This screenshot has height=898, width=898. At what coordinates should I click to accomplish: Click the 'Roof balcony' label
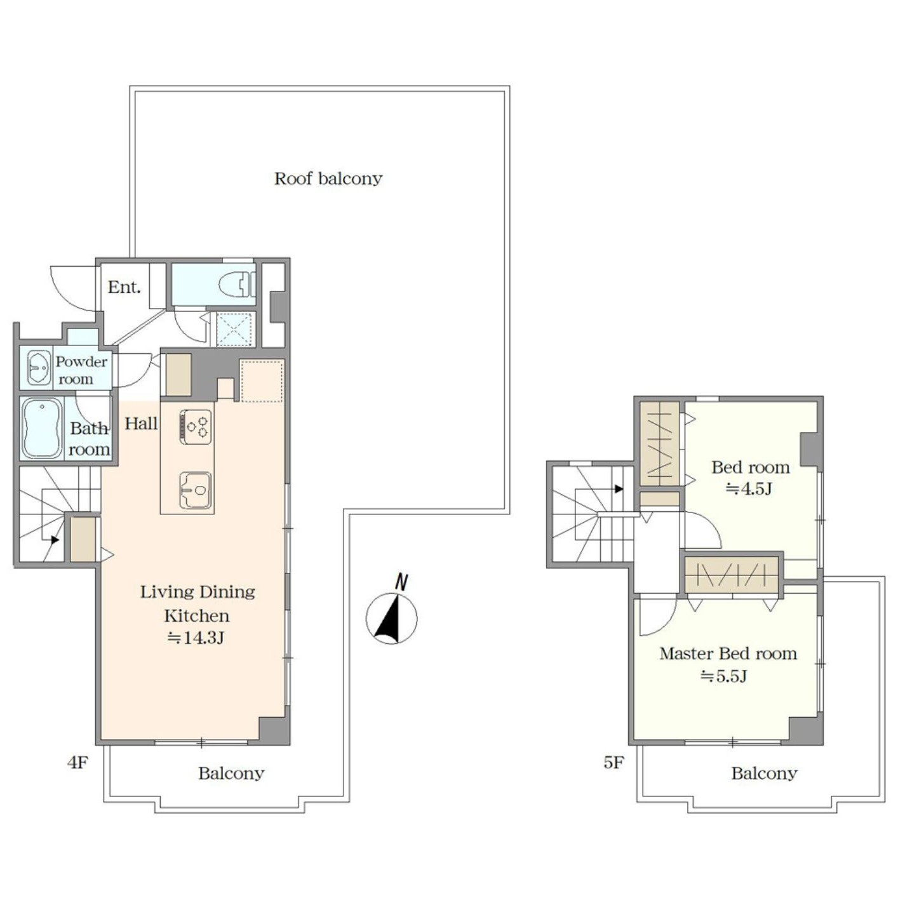[328, 178]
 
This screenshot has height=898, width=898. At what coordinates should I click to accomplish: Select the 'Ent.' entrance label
[124, 287]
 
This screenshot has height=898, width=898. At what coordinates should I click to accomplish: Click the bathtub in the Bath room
[42, 429]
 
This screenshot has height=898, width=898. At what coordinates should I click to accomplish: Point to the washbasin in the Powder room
[39, 368]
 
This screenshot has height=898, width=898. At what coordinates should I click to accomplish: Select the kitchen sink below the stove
[196, 490]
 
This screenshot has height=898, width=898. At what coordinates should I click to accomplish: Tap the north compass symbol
[391, 613]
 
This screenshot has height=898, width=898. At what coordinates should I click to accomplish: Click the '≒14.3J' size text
[196, 638]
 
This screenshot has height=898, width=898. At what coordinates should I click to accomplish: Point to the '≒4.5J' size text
[749, 488]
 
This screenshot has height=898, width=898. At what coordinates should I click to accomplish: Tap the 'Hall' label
[141, 424]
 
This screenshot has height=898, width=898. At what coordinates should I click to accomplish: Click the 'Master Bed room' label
[728, 653]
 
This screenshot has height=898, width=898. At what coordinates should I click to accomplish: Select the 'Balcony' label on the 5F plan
[764, 774]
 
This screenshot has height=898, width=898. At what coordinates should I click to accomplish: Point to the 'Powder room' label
[81, 370]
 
